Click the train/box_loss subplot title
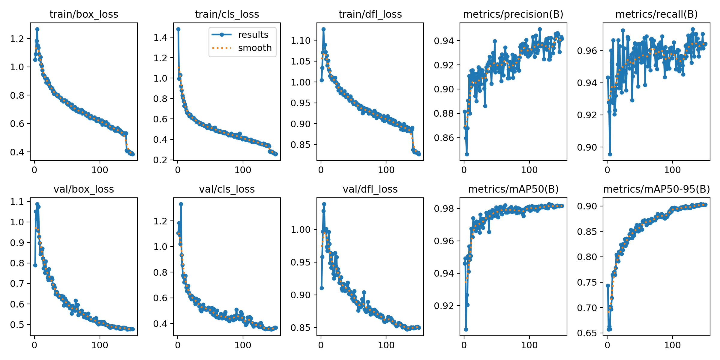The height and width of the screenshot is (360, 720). coord(84,14)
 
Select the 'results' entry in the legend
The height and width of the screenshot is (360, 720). coord(253,35)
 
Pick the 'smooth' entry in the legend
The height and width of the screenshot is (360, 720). coord(255,48)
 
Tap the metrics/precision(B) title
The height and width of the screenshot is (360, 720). coord(513,14)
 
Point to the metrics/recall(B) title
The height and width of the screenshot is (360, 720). coord(656,14)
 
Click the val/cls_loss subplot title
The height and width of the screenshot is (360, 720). coord(227,189)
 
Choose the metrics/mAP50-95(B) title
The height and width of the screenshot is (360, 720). coord(656,189)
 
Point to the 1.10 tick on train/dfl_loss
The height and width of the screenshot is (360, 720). coord(300,40)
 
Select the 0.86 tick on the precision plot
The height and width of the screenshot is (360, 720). coord(443,138)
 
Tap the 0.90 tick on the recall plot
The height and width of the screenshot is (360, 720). coord(587,147)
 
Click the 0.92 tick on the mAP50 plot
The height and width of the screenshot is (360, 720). coord(443,306)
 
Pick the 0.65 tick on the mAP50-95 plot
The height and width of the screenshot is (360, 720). coord(587,333)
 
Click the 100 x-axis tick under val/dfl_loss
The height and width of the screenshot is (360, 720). coord(386,345)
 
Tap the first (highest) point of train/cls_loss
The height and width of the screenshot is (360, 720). coord(178,29)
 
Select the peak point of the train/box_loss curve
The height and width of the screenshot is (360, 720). coord(37,29)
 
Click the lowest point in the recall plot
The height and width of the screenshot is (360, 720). coord(610,154)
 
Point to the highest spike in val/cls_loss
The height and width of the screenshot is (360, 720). coord(181,204)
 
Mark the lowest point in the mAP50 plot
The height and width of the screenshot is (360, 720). coord(466,329)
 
